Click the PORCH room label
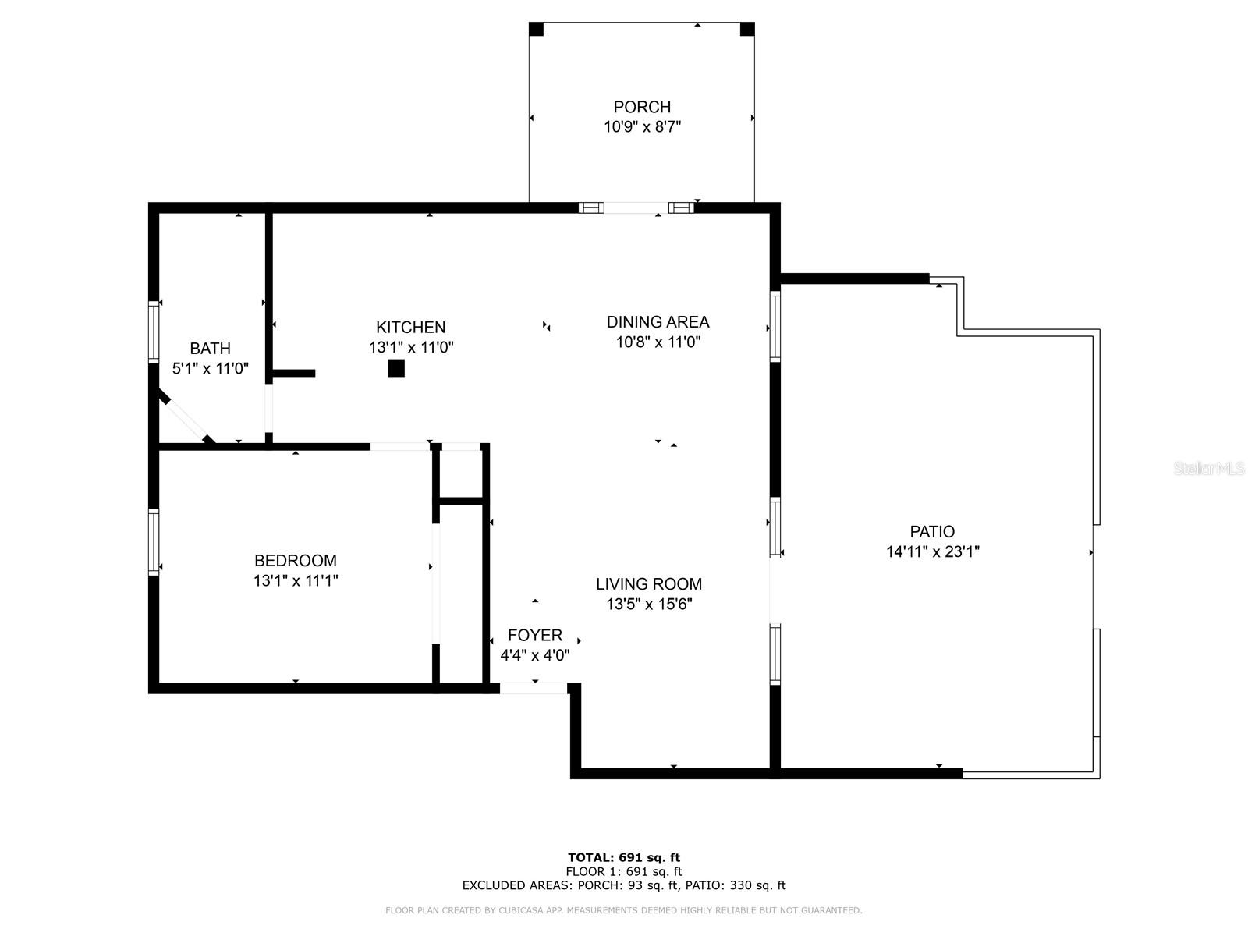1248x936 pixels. pos(642,107)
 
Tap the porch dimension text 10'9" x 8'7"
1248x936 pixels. pos(642,127)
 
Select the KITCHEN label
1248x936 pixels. pos(410,328)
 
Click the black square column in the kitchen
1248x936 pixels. pos(396,368)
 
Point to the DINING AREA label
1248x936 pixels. pos(658,321)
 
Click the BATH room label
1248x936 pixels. pos(210,349)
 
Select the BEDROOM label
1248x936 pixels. pos(295,561)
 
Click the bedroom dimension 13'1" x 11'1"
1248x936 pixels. pos(295,581)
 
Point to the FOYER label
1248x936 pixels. pos(534,636)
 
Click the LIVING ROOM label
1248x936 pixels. pos(648,584)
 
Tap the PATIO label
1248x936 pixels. pos(932,532)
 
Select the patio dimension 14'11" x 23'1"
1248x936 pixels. pos(932,552)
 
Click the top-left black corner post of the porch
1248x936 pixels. pos(536,29)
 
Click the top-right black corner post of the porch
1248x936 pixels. pos(747,29)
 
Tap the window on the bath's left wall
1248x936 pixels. pos(154,332)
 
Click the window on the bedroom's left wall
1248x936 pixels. pos(154,542)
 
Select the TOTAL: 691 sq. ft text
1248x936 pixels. pos(624,858)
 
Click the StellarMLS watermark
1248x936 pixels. pos(1209,469)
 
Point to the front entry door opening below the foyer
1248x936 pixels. pos(534,688)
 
